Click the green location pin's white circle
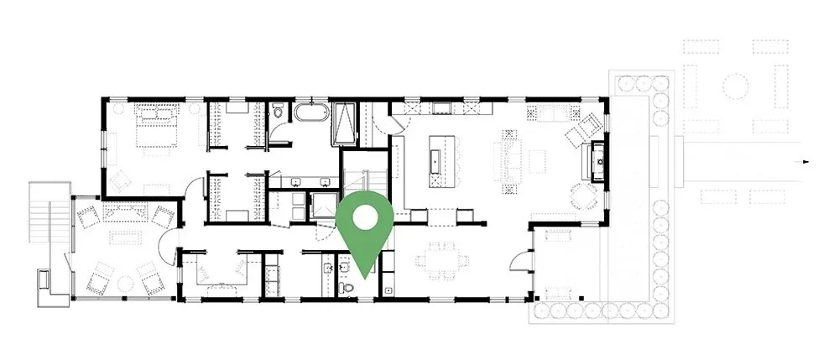click(365, 216)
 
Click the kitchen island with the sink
click(437, 159)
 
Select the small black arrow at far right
click(806, 160)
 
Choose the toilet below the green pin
click(349, 286)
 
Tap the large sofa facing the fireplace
click(508, 159)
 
